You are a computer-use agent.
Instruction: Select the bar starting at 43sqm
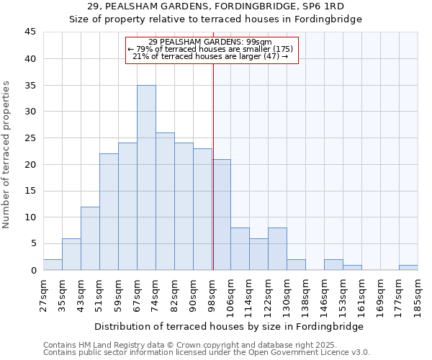coord(90,238)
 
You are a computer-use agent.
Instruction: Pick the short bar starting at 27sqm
coord(53,265)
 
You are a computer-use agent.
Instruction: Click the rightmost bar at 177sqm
coord(408,268)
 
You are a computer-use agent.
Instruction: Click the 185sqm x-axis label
coord(418,295)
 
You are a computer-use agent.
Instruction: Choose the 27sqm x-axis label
coord(44,295)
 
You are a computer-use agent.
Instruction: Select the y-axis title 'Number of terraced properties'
coord(7,155)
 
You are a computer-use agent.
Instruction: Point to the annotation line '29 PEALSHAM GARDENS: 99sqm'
coord(210,42)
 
